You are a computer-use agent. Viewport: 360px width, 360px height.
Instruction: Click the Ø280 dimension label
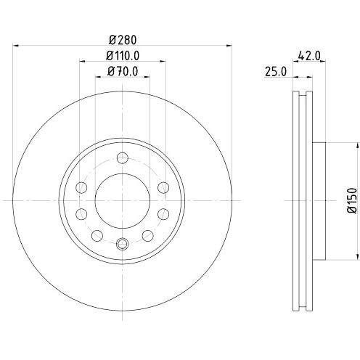(123, 40)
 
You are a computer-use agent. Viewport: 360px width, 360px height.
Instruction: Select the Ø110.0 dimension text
(123, 56)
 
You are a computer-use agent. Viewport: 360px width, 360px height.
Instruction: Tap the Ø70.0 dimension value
(123, 71)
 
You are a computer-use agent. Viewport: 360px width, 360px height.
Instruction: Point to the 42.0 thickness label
(309, 56)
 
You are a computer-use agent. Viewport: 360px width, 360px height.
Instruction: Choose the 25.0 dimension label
(276, 72)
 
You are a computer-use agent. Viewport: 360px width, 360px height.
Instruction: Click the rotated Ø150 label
(353, 200)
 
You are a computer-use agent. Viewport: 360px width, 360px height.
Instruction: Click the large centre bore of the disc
(123, 201)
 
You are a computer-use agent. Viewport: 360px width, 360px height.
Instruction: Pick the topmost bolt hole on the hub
(123, 158)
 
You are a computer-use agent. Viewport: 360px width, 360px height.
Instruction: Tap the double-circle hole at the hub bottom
(123, 244)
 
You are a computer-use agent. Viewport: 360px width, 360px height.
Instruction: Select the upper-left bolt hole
(81, 187)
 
